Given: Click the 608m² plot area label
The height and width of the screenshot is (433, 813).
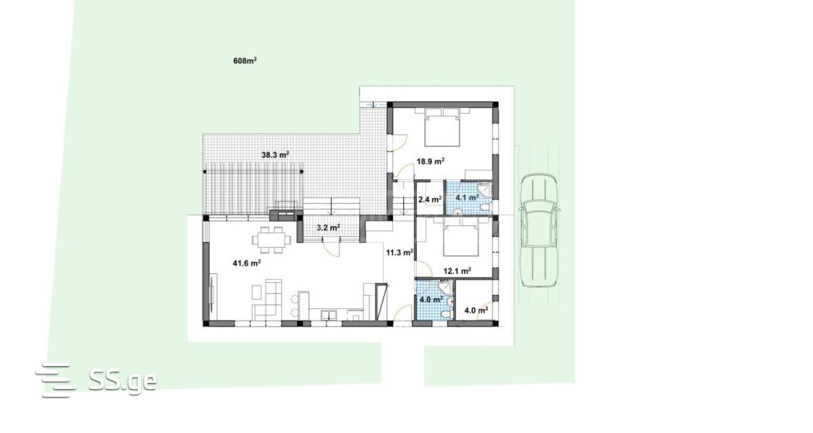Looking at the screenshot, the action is coord(245,60).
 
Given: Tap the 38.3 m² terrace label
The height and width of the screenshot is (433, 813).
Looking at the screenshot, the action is coord(275,155).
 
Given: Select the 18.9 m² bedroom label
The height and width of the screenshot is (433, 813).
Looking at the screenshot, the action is coord(430,161).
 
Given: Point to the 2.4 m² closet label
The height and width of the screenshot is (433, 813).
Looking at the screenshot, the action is coord(430,200).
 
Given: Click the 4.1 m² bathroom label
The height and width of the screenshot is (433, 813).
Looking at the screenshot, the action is coord(467,198).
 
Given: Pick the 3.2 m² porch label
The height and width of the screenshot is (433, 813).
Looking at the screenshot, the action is coord(328,227).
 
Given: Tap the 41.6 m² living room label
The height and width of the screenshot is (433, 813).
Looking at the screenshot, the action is coord(247,263).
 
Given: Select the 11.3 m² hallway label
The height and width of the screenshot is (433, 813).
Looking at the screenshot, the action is coord(399,252).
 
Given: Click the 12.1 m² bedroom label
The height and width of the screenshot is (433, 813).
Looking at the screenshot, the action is coord(457,271).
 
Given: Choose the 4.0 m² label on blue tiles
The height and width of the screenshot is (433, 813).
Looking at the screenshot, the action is coord(431,300).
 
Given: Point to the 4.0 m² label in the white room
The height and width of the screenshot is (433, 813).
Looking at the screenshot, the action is coord(476,311).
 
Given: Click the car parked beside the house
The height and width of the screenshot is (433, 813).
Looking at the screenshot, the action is coord(539,231).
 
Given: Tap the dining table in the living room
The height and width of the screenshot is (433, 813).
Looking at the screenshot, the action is coord(271,240).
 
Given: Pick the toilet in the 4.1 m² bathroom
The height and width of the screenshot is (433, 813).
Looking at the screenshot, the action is coord(484,208).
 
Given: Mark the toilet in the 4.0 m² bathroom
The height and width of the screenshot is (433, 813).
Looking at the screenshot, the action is coord(446,314).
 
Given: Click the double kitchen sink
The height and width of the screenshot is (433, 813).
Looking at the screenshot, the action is coord(329,315).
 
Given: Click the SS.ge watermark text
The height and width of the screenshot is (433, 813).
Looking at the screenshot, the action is coord(123,380).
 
